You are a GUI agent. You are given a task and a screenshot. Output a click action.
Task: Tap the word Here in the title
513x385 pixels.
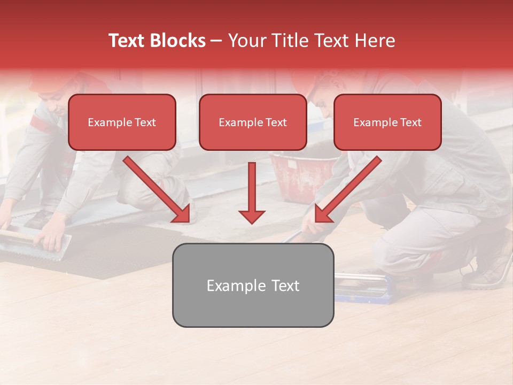point(375,41)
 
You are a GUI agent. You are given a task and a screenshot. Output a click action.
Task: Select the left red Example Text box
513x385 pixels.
point(122,122)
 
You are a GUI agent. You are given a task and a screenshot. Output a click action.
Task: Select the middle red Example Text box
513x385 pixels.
point(253,122)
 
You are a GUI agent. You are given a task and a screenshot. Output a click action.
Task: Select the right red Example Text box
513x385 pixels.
point(387,122)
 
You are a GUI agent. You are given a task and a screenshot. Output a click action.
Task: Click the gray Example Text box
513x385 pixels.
point(253,285)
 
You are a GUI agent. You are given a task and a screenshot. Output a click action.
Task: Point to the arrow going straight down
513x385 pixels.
point(252,192)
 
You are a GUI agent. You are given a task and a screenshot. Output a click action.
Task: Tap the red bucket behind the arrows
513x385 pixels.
point(297,174)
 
